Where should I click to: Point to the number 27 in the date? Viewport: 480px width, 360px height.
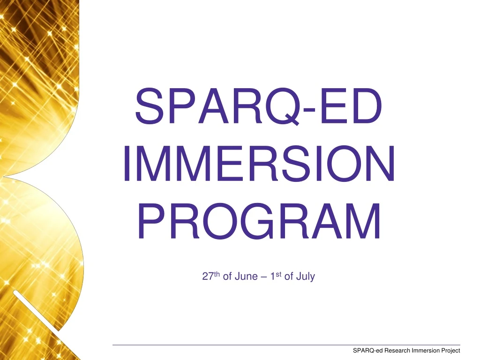(x=207, y=277)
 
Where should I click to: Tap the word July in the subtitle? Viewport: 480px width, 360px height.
(x=305, y=277)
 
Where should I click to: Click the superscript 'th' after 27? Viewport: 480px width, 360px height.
(x=217, y=274)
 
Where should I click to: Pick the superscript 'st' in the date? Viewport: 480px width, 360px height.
(x=279, y=274)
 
